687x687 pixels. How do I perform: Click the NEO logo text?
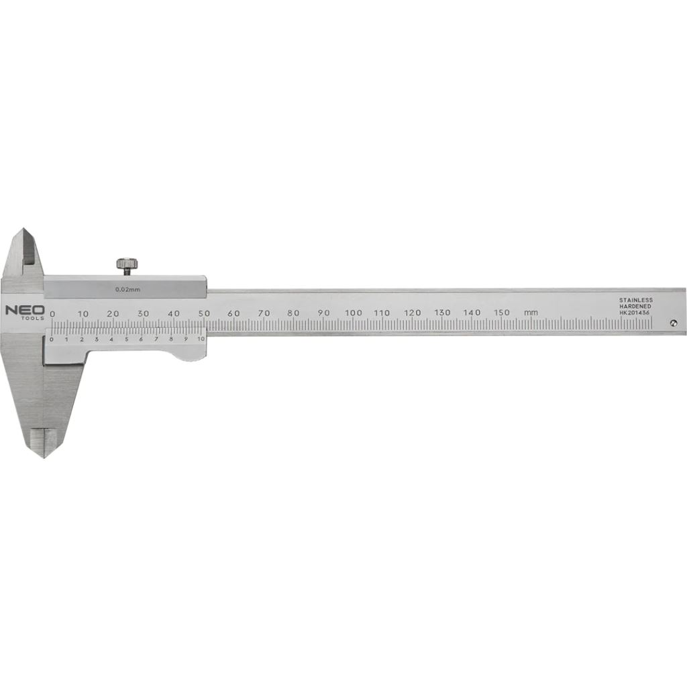coord(25,310)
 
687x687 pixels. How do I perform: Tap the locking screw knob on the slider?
coord(125,264)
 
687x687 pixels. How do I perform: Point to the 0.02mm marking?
coord(127,289)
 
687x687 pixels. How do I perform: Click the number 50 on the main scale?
coord(204,313)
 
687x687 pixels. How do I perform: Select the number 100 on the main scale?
coord(353,313)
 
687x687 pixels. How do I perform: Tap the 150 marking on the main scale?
coord(502,313)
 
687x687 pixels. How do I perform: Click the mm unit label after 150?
coord(531,313)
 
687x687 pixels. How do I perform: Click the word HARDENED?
coord(636,306)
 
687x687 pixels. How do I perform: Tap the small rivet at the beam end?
coord(673,323)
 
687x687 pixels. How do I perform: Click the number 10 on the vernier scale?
coord(201,339)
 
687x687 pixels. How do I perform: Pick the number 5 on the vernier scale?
coord(126,339)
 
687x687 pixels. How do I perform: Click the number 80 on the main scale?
coord(293,313)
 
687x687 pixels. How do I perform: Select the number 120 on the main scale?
coord(413,313)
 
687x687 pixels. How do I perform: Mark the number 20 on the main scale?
coord(113,313)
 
